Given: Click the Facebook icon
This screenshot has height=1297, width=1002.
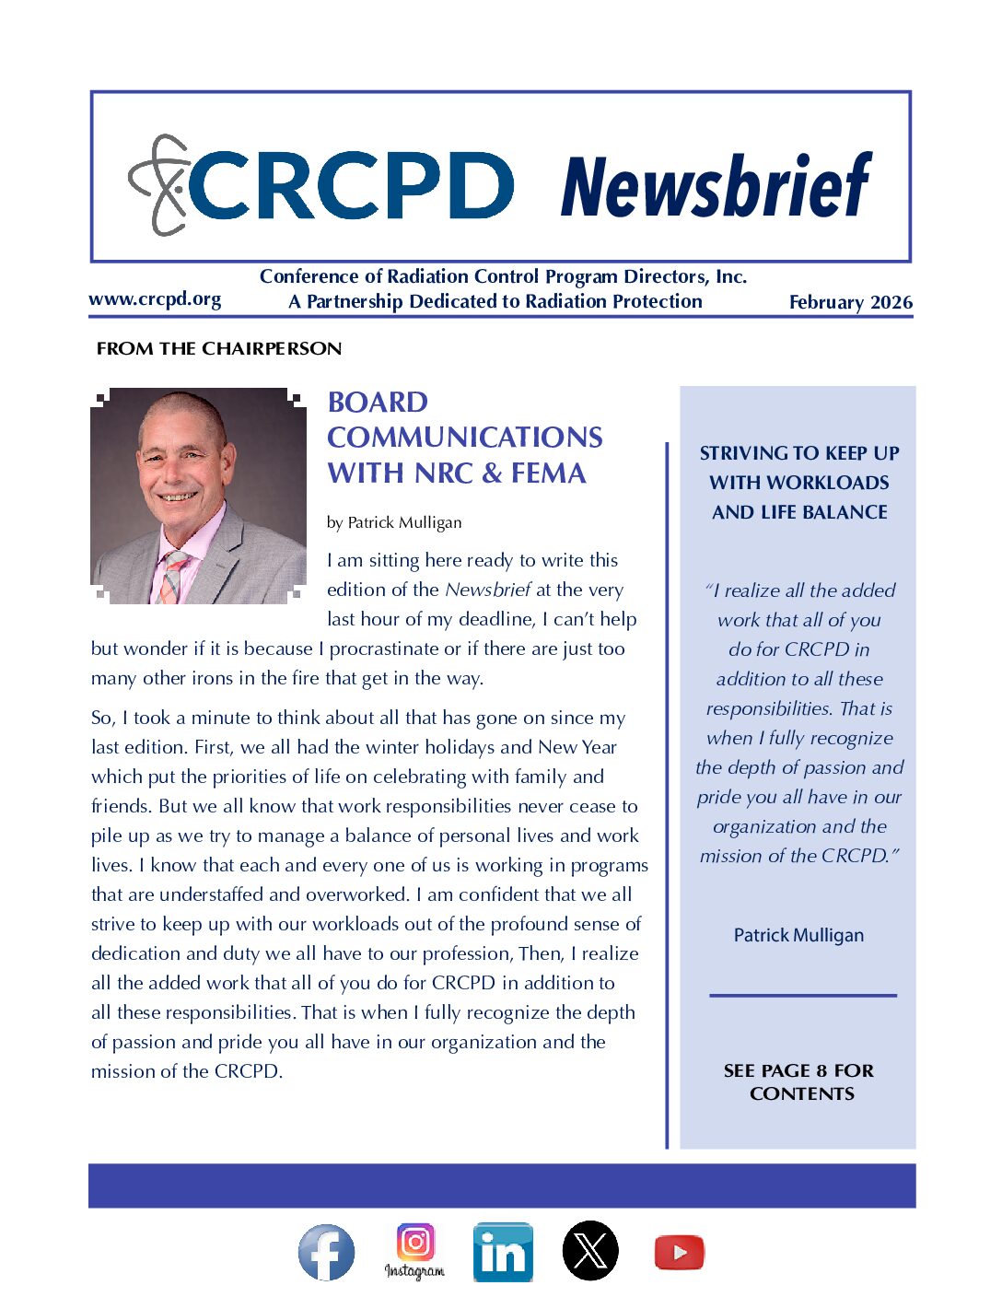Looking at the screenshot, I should (x=326, y=1253).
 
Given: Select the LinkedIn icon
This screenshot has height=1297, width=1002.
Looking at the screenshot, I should (x=503, y=1253).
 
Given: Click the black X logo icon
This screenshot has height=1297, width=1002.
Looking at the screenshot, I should (x=590, y=1251).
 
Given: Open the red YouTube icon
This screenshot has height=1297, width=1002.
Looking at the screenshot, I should (x=679, y=1253).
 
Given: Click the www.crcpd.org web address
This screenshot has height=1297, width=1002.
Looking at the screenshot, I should (x=155, y=299).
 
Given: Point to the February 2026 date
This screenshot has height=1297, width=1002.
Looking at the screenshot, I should (x=850, y=302).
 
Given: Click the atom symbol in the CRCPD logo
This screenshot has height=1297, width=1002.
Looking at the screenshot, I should (x=158, y=185).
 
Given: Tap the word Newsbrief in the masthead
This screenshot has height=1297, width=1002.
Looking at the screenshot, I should (x=715, y=186).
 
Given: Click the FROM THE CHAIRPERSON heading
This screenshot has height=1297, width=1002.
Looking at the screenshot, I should (x=219, y=349).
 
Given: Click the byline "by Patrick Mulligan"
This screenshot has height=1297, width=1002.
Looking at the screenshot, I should (x=394, y=522).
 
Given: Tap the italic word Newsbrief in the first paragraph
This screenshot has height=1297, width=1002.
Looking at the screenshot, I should (x=488, y=590).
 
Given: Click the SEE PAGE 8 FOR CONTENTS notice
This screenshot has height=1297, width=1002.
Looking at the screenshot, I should (x=799, y=1082).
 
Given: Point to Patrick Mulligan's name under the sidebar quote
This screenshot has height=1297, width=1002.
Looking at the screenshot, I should (x=798, y=935).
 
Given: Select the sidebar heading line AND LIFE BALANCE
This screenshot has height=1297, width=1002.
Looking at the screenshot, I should (x=799, y=512).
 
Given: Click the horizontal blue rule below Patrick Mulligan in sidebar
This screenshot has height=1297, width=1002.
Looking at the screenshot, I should (x=802, y=995).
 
